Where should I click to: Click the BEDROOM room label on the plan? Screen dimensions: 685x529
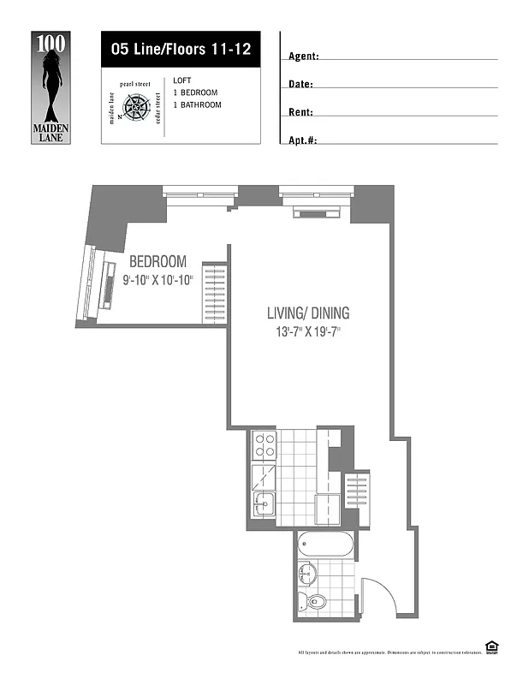click(x=158, y=261)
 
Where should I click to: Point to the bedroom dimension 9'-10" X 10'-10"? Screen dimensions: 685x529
click(x=158, y=279)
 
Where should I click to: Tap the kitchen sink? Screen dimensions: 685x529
click(x=263, y=503)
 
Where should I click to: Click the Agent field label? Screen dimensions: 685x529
click(x=304, y=57)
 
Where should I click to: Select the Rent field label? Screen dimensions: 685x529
click(x=300, y=112)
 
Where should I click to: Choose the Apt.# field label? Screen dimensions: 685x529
click(x=303, y=140)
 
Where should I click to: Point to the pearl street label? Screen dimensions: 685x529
click(x=136, y=85)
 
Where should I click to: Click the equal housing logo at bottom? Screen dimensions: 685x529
click(x=491, y=649)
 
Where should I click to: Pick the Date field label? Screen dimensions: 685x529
click(x=300, y=85)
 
